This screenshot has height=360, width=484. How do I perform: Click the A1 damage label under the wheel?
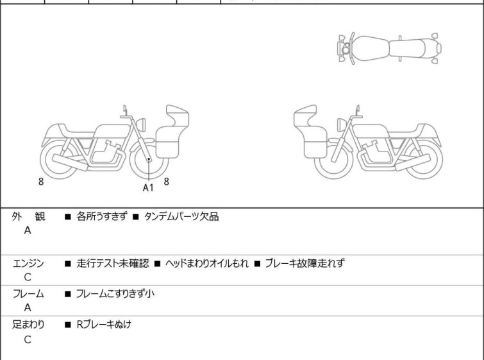pos(148,188)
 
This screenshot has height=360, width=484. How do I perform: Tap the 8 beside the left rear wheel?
pos(41,182)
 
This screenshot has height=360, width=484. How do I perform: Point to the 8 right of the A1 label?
pos(167,182)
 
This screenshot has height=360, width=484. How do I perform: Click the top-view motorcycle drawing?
pos(389,47)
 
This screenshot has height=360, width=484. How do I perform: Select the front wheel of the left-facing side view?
pos(148,158)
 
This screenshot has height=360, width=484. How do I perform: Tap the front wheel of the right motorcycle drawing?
pos(335,158)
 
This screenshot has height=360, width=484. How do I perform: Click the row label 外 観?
pos(29,217)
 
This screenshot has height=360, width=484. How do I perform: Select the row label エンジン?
pos(29,263)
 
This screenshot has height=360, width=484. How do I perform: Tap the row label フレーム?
pos(29,294)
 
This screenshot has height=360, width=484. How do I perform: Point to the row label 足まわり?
pos(29,325)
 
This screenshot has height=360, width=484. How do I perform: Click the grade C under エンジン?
pos(27,278)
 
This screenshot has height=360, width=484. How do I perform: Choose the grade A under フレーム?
pos(27,308)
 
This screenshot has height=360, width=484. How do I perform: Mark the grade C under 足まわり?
pos(27,339)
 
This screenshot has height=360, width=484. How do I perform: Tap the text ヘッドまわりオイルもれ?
pos(206,263)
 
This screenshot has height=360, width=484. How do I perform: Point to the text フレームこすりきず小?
pos(115,294)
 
